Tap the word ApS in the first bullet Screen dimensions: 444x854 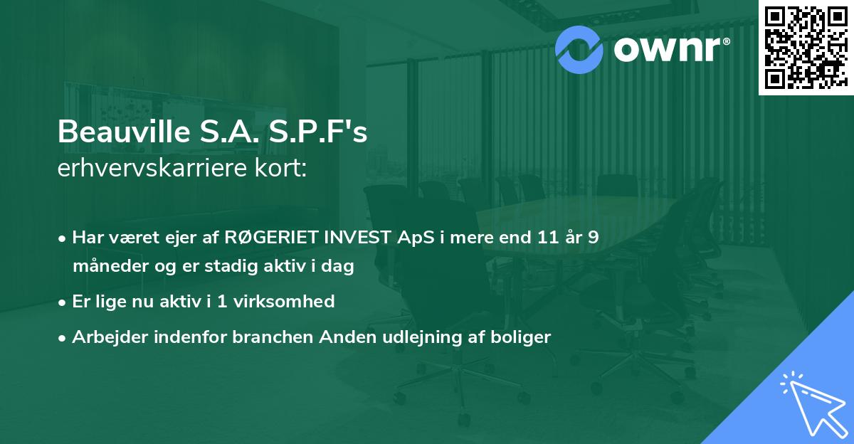click(x=411, y=238)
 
